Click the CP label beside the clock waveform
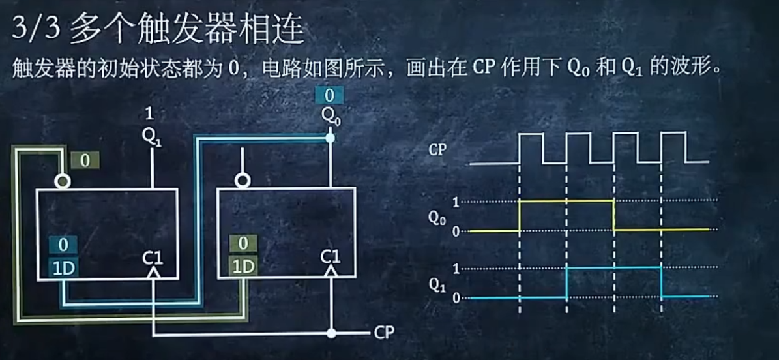pyautogui.click(x=437, y=149)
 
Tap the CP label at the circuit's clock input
pyautogui.click(x=385, y=333)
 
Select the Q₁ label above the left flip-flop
pyautogui.click(x=151, y=137)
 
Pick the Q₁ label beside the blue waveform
pyautogui.click(x=437, y=285)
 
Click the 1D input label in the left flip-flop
pyautogui.click(x=63, y=267)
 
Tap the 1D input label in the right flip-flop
pyautogui.click(x=243, y=267)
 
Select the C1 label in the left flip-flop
pyautogui.click(x=153, y=258)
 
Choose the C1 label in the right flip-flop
pyautogui.click(x=331, y=258)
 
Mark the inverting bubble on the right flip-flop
pyautogui.click(x=243, y=181)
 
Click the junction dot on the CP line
pyautogui.click(x=331, y=333)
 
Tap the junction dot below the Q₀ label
pyautogui.click(x=331, y=138)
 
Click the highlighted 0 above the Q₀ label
pyautogui.click(x=329, y=96)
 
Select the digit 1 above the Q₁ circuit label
pyautogui.click(x=149, y=115)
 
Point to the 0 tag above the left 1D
pyautogui.click(x=63, y=245)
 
